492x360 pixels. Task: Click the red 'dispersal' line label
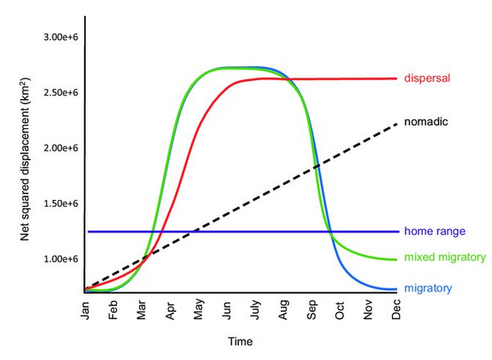[x=427, y=77]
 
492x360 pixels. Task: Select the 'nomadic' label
[x=426, y=122]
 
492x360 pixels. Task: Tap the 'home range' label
[x=434, y=232]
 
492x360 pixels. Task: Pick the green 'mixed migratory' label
[x=444, y=257]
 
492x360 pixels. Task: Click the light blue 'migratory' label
[x=428, y=288]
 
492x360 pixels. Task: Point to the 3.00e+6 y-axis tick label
[x=61, y=37]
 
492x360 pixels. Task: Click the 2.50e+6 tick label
[x=61, y=92]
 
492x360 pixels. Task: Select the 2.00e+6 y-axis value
[x=61, y=148]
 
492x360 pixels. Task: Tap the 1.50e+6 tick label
[x=61, y=203]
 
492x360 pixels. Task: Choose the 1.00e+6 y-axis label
[x=61, y=259]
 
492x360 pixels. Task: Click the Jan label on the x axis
[x=85, y=311]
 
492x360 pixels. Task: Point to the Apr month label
[x=170, y=311]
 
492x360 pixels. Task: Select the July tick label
[x=256, y=310]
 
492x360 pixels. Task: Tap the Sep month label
[x=311, y=310]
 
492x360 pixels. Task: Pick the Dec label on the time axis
[x=396, y=309]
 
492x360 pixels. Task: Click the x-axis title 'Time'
[x=240, y=342]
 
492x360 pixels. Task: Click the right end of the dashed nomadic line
[x=397, y=124]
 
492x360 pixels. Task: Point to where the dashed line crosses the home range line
[x=194, y=232]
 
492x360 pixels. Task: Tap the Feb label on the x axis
[x=113, y=310]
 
